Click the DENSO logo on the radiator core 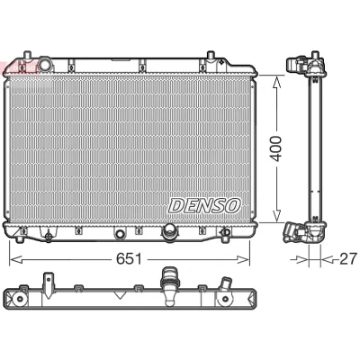point(205,206)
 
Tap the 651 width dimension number point(129,258)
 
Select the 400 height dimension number point(274,148)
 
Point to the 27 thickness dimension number point(348,258)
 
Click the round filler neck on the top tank point(46,64)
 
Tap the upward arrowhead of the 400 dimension point(276,83)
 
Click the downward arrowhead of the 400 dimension point(276,215)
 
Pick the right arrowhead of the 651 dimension point(242,259)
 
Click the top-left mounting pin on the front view point(27,56)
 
